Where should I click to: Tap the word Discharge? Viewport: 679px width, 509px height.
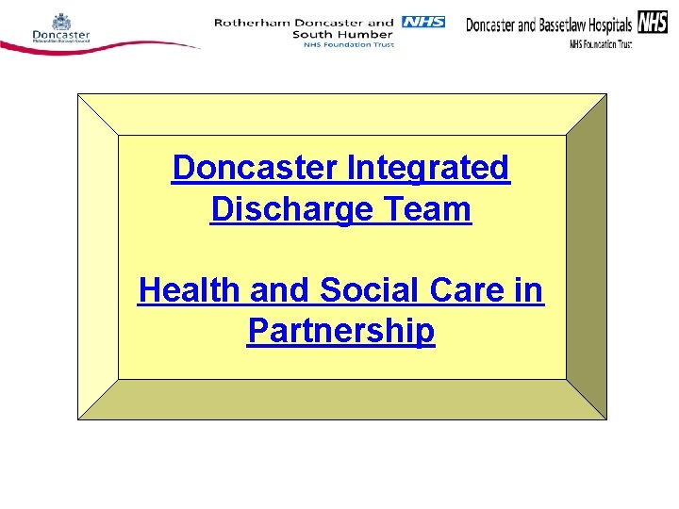[291, 208]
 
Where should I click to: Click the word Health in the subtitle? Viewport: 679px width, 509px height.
[189, 290]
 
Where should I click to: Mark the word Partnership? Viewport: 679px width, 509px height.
[340, 331]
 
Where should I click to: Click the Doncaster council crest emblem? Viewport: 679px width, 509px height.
[60, 21]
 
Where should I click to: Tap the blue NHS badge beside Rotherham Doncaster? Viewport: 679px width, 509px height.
[422, 21]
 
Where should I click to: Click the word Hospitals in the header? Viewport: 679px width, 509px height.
[608, 25]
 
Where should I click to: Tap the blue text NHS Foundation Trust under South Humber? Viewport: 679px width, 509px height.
[343, 44]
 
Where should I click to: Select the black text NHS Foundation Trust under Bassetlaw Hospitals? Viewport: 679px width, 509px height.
[600, 44]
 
